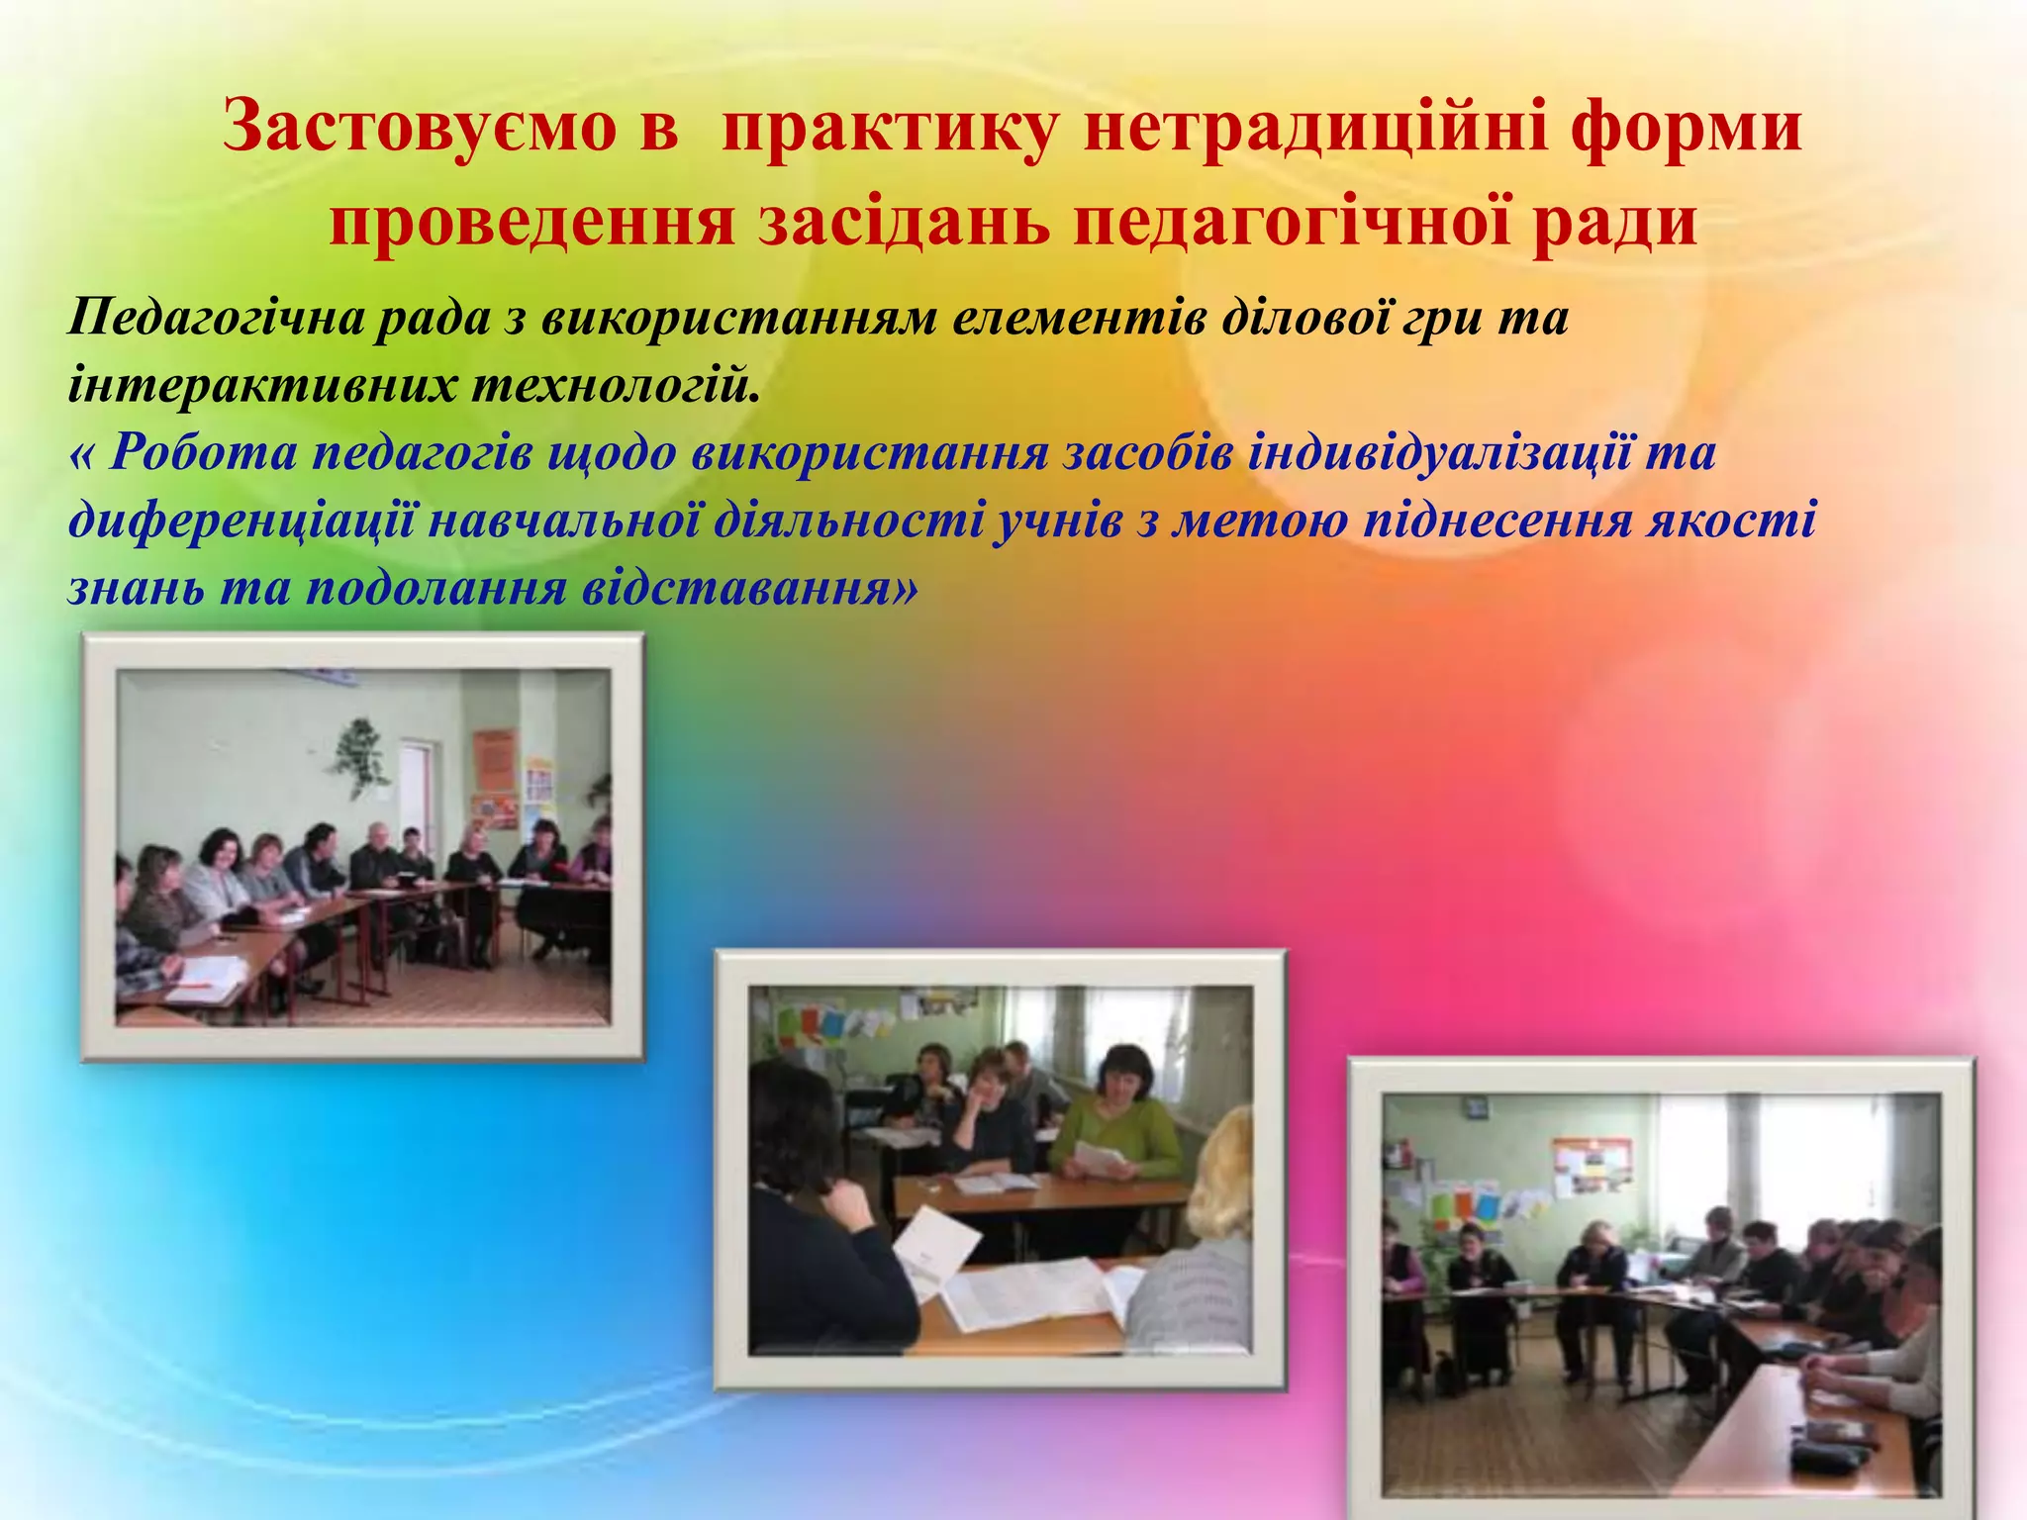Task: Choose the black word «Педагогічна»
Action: coord(212,319)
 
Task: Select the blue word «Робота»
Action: coord(204,453)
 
